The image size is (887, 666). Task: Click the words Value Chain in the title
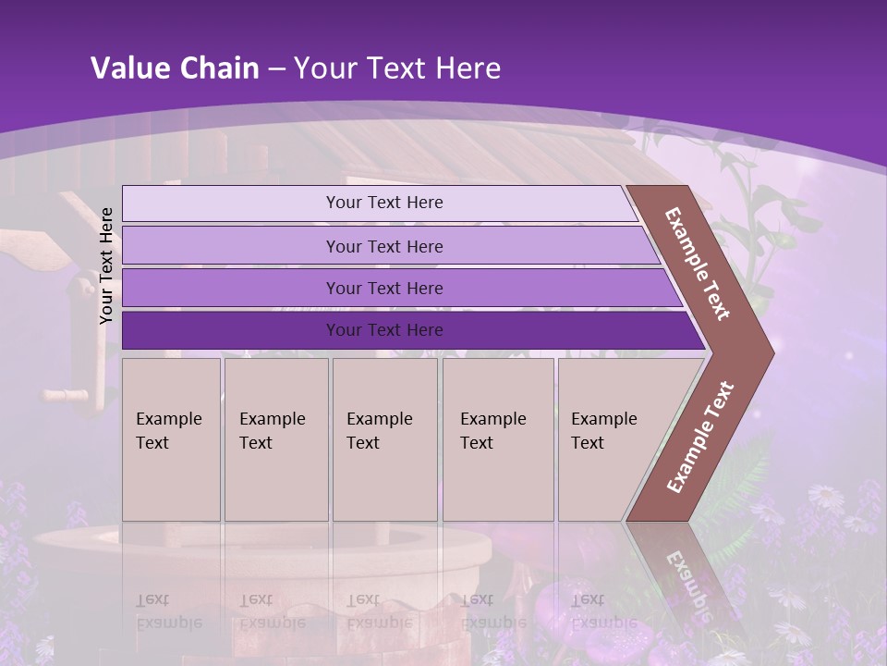[x=175, y=68]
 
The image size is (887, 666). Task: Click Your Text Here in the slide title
[x=397, y=68]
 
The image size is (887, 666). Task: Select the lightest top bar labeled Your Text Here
[x=383, y=203]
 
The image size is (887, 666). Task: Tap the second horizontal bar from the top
[x=383, y=246]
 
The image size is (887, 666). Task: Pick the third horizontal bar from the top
[x=383, y=288]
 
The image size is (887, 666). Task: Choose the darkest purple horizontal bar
[x=383, y=330]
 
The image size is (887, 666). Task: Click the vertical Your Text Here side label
[x=106, y=265]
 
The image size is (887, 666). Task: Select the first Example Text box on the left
[x=171, y=439]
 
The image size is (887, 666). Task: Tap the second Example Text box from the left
[x=275, y=439]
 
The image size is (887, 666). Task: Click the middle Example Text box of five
[x=384, y=439]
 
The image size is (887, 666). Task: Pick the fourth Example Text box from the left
[x=497, y=439]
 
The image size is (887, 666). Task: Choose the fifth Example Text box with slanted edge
[x=610, y=439]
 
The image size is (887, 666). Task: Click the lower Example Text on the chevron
[x=700, y=438]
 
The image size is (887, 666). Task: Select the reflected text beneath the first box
[x=169, y=610]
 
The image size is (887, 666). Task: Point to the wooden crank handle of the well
[x=65, y=396]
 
